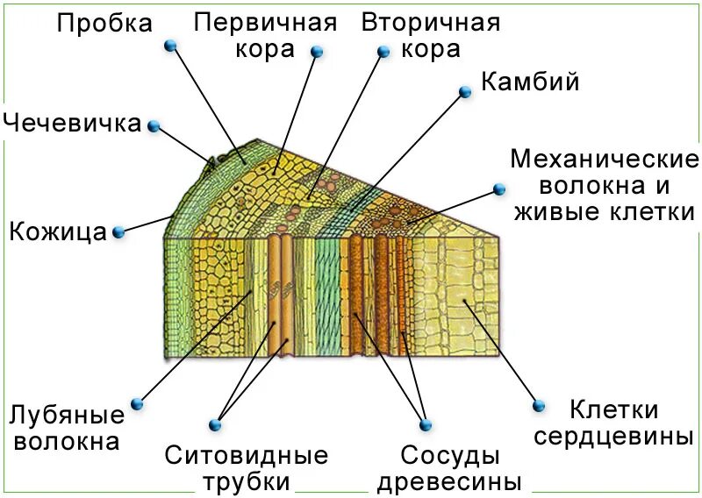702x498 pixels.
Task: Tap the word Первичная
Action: [265, 22]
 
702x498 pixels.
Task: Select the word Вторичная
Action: [430, 22]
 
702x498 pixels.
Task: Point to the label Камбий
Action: [530, 82]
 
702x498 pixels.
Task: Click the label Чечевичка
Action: [72, 123]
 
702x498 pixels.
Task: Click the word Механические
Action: [604, 160]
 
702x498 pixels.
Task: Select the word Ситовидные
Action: [246, 456]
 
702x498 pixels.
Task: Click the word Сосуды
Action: [450, 456]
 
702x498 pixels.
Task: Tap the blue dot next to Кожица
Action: [118, 232]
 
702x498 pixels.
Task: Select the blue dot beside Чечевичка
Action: [154, 126]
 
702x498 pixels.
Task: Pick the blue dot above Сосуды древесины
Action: [426, 424]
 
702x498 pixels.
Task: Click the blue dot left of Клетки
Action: [539, 406]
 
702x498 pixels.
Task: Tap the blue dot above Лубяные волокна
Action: [137, 404]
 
